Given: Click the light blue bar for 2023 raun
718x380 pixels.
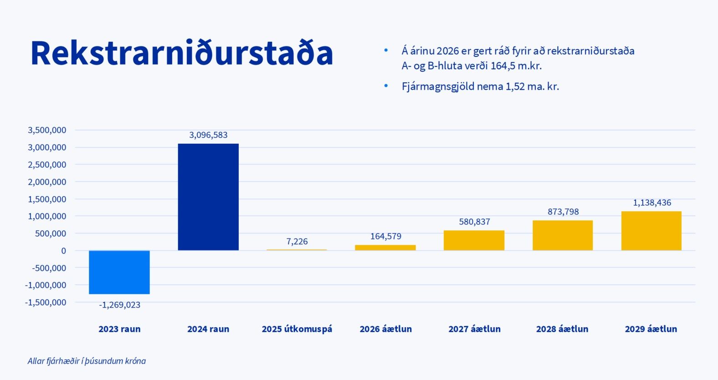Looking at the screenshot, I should pos(119,272).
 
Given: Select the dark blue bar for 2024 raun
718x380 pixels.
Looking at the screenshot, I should pos(208,197).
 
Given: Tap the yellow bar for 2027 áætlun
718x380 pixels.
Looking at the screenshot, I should pos(474,240).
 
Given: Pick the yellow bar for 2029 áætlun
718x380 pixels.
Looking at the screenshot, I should pos(651,231).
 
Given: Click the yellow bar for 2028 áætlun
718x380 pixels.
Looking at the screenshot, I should pos(563,235).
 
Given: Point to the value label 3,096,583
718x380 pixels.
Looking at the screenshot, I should pos(208,135).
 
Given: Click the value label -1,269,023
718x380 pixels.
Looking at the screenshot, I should pos(120,305).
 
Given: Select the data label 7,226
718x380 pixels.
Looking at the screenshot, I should pos(297,242).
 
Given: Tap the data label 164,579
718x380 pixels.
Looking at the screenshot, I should pos(385,236).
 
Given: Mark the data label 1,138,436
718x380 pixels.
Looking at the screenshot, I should pos(652,203).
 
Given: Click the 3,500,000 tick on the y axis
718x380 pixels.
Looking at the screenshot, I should pos(47,130).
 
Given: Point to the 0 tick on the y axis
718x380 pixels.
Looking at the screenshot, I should pos(63,251).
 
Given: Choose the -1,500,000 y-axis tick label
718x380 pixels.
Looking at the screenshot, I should pos(46,302).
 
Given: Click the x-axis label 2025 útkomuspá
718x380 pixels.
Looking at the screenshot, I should pos(297,329).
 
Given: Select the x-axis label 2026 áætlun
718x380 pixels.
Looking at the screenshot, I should pos(385,329).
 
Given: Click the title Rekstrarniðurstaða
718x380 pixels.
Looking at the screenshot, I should pos(182,54).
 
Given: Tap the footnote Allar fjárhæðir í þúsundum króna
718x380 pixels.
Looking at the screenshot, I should pos(87,361).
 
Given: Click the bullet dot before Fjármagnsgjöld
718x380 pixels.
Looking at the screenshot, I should pos(386,86).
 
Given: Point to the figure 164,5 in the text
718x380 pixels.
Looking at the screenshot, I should pos(503,66).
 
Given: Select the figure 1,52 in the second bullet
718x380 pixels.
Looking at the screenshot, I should pos(515,86).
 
